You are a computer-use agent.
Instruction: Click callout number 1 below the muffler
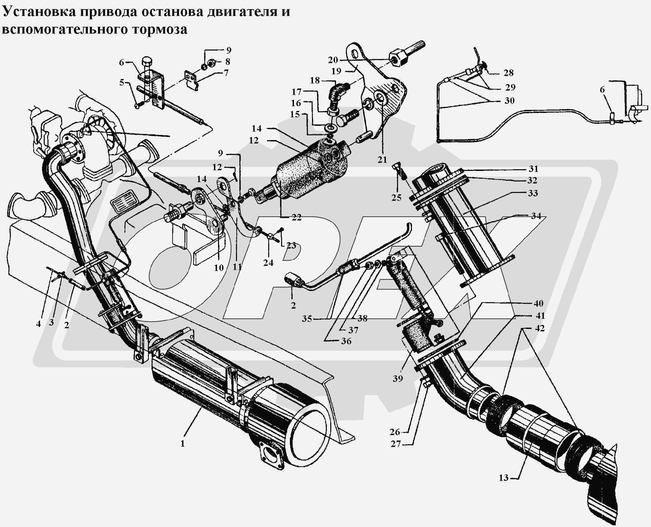point(182,443)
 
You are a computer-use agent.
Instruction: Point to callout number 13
point(504,477)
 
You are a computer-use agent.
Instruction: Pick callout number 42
point(539,328)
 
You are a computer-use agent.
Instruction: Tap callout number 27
point(396,444)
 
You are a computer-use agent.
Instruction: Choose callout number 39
point(398,378)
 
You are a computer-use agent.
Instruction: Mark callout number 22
point(296,217)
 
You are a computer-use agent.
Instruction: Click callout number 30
point(509,101)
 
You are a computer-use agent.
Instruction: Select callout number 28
point(509,73)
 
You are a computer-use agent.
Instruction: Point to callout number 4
point(38,324)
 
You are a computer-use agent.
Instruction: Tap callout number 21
point(382,160)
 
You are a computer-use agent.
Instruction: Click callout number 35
point(307,319)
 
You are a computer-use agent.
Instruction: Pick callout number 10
point(219,268)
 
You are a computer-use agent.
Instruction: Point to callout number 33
point(533,193)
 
